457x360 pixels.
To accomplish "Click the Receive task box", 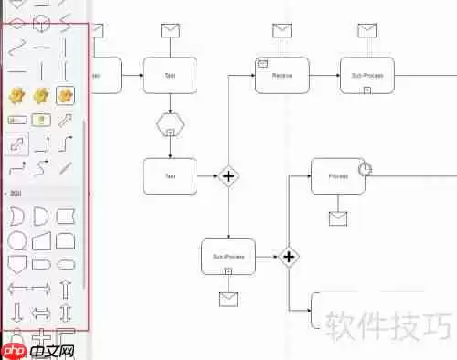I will tap(282, 75).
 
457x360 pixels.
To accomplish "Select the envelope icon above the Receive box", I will tap(281, 30).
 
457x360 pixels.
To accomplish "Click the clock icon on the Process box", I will tap(366, 169).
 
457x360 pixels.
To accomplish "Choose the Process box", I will tap(336, 175).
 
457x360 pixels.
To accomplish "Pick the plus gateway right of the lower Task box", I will tap(228, 175).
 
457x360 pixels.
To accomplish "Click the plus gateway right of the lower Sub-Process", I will tap(289, 257).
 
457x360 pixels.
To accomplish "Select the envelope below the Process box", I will tap(338, 217).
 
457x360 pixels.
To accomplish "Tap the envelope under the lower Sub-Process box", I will tap(228, 298).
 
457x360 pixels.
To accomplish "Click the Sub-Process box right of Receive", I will tap(367, 75).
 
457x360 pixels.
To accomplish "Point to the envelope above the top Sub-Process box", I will tap(367, 30).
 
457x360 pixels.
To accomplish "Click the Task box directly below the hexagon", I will tap(170, 175).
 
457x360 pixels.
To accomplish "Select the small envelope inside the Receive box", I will tap(262, 63).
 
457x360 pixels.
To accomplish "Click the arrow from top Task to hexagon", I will tap(170, 102).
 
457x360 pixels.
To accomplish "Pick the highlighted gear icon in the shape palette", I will tap(65, 95).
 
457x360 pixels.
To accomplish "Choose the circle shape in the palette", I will tap(16, 241).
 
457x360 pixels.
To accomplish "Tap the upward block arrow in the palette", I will tap(65, 290).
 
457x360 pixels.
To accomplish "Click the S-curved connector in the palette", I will tap(41, 167).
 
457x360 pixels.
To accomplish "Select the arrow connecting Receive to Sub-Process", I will tap(324, 75).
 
